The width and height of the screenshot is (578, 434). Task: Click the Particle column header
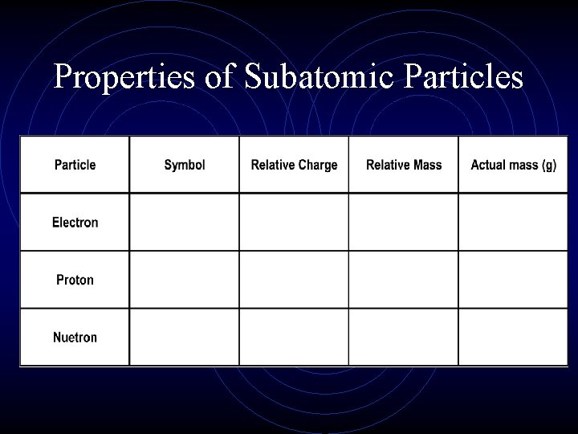[75, 165]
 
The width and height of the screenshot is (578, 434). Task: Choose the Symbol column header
[185, 165]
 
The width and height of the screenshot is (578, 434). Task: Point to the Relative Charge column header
[294, 165]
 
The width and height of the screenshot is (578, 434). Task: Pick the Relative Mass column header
[404, 165]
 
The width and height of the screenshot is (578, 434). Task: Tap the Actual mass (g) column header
[513, 165]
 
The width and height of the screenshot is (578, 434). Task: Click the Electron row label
[75, 223]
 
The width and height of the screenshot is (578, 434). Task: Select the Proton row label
[75, 280]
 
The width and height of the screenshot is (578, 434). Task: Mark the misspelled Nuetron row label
[75, 338]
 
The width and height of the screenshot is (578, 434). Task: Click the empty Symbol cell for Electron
[185, 223]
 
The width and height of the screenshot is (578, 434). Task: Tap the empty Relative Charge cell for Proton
[294, 280]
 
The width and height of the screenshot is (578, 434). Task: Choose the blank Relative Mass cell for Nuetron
[404, 338]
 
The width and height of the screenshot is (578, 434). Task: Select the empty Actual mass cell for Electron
[513, 223]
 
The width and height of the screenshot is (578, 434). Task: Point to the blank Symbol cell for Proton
[185, 280]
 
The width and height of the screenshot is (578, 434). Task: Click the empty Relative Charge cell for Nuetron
[294, 338]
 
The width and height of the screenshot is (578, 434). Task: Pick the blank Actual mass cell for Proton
[513, 280]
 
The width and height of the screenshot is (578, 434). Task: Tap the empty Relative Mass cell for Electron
[404, 223]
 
